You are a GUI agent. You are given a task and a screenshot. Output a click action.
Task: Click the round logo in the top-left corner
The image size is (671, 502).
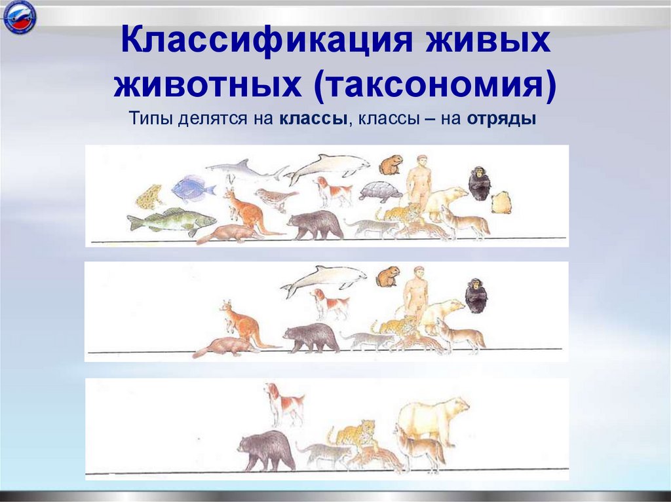pyautogui.click(x=20, y=18)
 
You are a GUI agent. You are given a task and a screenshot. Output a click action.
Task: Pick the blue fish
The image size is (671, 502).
pyautogui.click(x=192, y=188)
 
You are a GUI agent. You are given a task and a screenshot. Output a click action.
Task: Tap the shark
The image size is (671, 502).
pyautogui.click(x=244, y=170)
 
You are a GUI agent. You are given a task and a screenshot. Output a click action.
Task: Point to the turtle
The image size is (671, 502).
pyautogui.click(x=380, y=192)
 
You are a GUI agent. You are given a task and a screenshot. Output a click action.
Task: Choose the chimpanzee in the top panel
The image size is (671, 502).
pyautogui.click(x=479, y=184)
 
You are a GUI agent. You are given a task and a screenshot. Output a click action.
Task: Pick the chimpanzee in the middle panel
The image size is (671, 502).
pyautogui.click(x=476, y=295)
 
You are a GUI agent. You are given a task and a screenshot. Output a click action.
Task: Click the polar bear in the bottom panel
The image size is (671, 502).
pyautogui.click(x=432, y=419)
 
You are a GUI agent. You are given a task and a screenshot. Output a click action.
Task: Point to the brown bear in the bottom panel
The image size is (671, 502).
pyautogui.click(x=265, y=450)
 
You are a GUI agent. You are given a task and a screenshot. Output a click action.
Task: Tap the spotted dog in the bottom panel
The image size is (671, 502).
pyautogui.click(x=283, y=403)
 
